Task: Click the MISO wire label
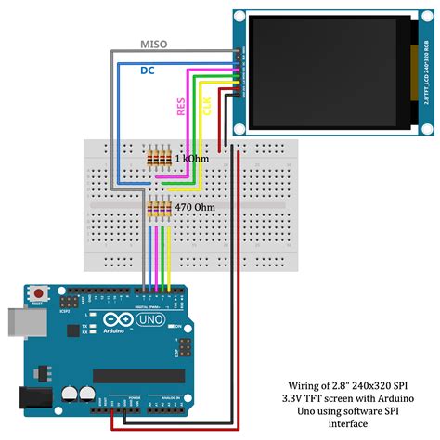click(x=154, y=45)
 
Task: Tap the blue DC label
click(x=148, y=71)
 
